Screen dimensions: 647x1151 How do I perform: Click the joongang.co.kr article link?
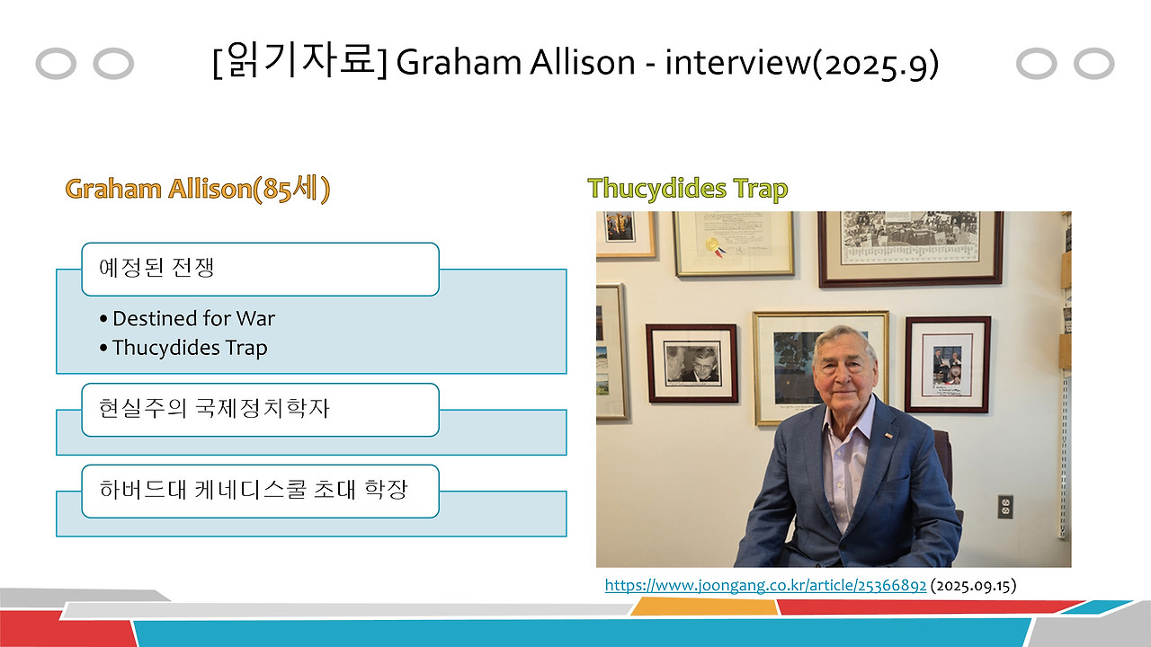point(765,585)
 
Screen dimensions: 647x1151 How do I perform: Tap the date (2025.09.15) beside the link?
point(973,585)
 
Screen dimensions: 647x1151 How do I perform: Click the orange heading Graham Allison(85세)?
point(198,190)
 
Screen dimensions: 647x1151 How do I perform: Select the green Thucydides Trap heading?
point(687,189)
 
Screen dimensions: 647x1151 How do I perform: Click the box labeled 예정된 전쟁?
point(260,269)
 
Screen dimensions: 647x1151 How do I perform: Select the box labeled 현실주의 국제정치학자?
point(260,410)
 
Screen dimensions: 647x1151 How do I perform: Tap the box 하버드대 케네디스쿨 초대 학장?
point(260,491)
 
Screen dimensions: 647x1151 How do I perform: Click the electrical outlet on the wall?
point(1006,507)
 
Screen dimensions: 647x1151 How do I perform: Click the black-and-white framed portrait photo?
point(691,362)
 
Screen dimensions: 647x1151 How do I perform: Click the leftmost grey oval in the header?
point(56,64)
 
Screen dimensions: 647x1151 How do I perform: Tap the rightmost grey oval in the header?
point(1093,64)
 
